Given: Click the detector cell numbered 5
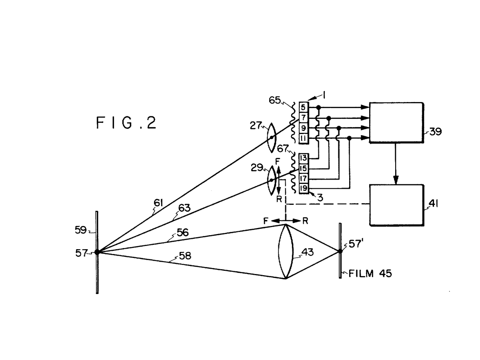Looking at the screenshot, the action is click(x=304, y=107).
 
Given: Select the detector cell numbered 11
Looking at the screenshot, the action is click(x=304, y=138).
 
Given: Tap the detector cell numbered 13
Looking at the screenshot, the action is click(x=304, y=158).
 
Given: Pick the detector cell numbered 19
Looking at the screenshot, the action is click(x=304, y=188).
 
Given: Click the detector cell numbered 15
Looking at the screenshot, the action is click(x=304, y=168).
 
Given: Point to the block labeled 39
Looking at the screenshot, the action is click(x=396, y=123).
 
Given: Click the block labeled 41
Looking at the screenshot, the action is click(x=396, y=205).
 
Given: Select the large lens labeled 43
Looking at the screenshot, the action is click(x=285, y=251).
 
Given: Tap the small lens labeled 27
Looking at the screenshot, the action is click(x=272, y=138).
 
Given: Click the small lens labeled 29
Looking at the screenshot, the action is click(x=271, y=180).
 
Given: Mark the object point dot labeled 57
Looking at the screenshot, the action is click(x=97, y=252).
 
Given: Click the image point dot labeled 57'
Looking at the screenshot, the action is click(x=340, y=251).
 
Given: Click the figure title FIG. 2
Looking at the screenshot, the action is click(x=126, y=122).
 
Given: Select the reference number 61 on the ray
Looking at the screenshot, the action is click(x=158, y=203).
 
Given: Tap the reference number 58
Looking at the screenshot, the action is click(x=185, y=256).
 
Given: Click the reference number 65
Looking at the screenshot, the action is click(x=275, y=100).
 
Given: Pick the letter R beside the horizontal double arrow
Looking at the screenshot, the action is click(x=305, y=221).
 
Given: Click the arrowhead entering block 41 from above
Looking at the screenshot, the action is click(x=396, y=180).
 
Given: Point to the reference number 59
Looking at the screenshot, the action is click(x=81, y=230).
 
